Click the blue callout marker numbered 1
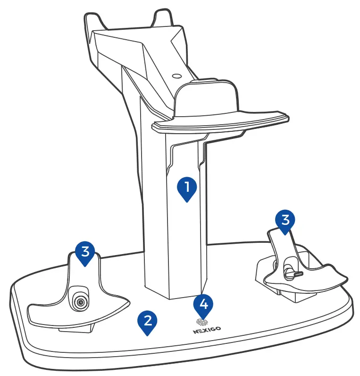[x=187, y=188]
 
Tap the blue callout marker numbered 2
[x=148, y=321]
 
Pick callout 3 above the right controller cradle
[x=285, y=221]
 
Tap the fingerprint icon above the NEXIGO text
[x=203, y=322]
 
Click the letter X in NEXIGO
[x=202, y=331]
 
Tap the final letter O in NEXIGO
[x=218, y=331]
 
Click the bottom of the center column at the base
[x=175, y=293]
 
